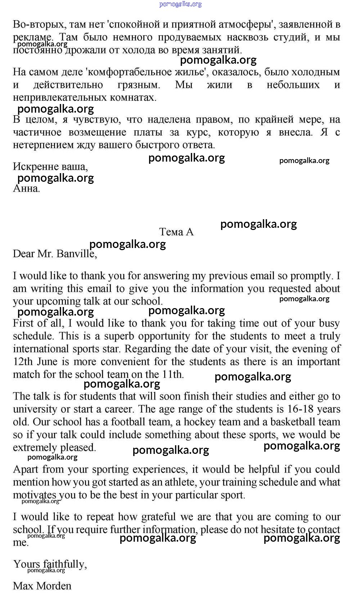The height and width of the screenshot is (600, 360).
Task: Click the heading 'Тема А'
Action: (176, 232)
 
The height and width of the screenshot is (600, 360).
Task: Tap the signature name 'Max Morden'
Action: (42, 586)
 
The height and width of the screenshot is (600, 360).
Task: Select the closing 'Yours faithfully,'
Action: (50, 564)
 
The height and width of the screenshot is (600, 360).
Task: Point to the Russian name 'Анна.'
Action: (26, 188)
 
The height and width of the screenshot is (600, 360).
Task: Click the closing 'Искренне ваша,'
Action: (50, 166)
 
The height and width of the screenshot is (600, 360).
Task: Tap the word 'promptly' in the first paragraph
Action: (312, 276)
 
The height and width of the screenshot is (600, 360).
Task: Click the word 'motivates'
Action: (35, 495)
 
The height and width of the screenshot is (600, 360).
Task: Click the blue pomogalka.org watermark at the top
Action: (180, 4)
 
